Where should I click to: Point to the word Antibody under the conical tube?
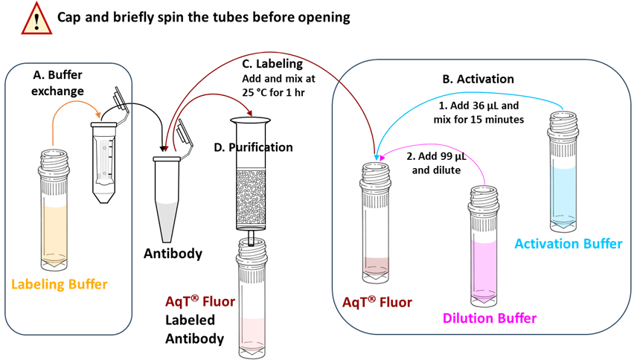pyautogui.click(x=173, y=254)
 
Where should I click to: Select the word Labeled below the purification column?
pyautogui.click(x=190, y=321)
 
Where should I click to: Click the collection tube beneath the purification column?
pyautogui.click(x=255, y=298)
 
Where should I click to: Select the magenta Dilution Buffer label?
pyautogui.click(x=489, y=318)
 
